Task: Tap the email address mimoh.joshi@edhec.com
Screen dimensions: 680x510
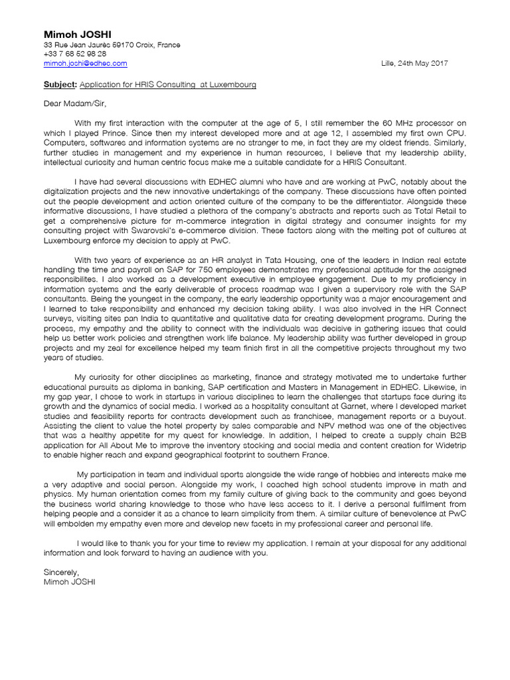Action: click(x=85, y=64)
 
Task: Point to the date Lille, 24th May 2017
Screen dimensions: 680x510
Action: click(x=414, y=64)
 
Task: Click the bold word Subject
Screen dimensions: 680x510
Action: click(x=60, y=86)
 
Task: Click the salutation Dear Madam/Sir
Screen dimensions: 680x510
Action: click(x=74, y=104)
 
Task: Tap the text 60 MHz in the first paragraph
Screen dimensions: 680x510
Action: click(x=399, y=123)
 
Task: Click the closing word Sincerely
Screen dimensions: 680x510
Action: click(x=61, y=572)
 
